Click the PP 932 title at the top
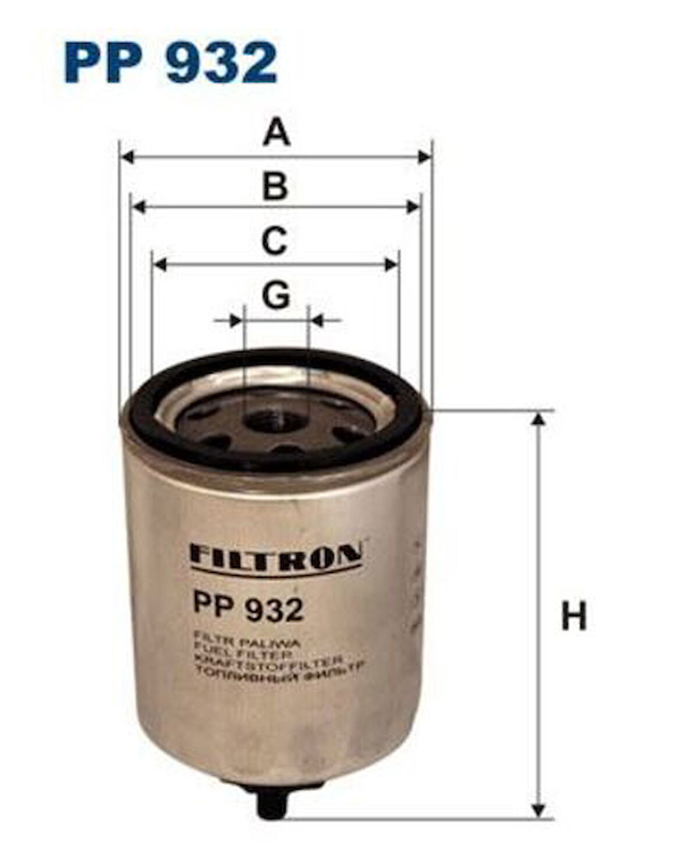[x=170, y=62]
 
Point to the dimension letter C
[x=275, y=241]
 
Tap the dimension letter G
[x=275, y=295]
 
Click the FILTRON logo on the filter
[x=275, y=553]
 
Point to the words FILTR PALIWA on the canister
[x=245, y=644]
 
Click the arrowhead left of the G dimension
[x=236, y=320]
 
